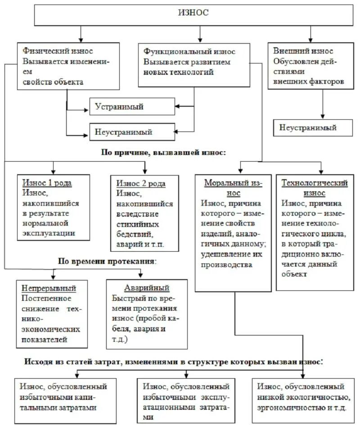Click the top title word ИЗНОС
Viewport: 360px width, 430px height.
click(193, 13)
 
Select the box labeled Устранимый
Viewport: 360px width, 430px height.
click(119, 107)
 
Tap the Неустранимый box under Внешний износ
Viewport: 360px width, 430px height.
click(308, 127)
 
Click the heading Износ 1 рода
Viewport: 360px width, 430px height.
click(47, 183)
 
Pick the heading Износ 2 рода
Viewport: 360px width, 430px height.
click(141, 183)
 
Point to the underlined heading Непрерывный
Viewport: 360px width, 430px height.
click(49, 288)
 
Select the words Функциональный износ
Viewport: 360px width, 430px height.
click(189, 52)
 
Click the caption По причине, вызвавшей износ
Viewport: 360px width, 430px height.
click(164, 153)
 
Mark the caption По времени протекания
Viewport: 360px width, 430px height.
click(106, 261)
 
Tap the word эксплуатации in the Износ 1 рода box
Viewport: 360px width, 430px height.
click(48, 233)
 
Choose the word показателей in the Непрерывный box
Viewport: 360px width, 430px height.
click(44, 339)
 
